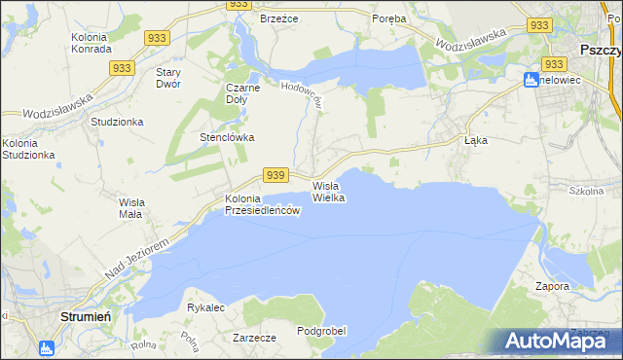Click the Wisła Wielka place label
tap(329, 191)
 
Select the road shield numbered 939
tap(275, 175)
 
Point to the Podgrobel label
tap(321, 332)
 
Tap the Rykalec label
tap(206, 307)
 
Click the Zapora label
tap(552, 287)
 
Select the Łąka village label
tap(475, 140)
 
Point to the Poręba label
tap(389, 18)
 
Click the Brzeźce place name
tap(277, 18)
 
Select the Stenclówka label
tap(227, 137)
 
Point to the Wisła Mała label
tap(130, 207)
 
